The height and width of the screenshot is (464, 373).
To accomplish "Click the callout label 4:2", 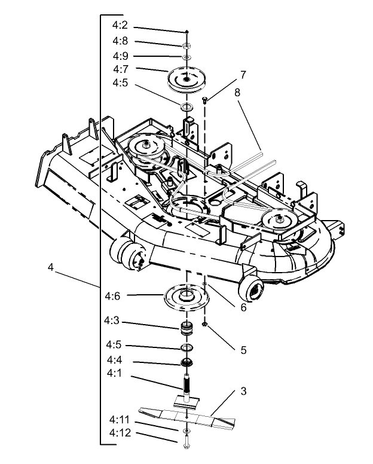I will point(120,26).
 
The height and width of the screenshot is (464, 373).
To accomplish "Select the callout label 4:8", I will point(120,41).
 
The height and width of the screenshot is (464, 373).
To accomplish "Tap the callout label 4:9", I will point(120,56).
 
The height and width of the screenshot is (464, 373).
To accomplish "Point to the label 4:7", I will point(120,69).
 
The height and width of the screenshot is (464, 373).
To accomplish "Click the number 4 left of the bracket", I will point(51,268).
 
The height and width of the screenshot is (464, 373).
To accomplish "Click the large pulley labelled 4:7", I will point(187,80).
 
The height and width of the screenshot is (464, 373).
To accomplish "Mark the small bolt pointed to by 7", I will point(206,100).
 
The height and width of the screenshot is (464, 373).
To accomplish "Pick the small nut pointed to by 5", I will point(205,324).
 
